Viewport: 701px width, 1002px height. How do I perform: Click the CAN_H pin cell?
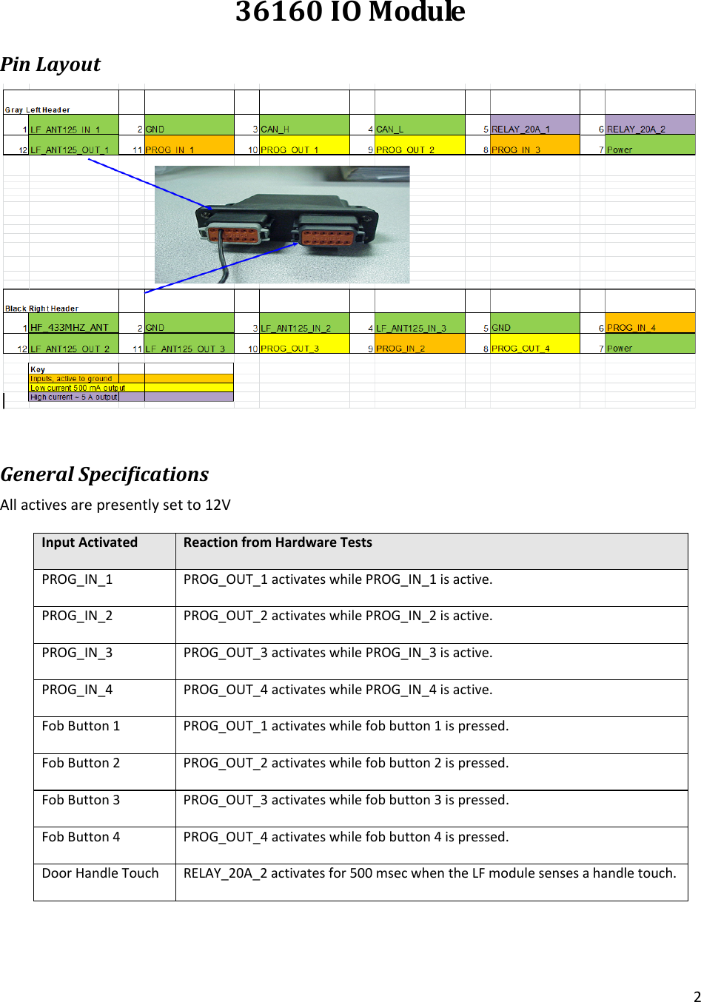coord(303,129)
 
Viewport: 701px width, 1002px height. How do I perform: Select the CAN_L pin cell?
coord(419,129)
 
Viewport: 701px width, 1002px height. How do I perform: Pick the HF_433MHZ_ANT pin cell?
coord(73,327)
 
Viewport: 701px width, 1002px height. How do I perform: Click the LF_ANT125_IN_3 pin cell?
coord(419,327)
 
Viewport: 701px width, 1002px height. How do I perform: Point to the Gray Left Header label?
coord(38,110)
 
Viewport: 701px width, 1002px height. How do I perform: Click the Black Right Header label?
coord(41,309)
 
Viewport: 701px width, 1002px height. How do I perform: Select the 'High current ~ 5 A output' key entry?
coord(74,397)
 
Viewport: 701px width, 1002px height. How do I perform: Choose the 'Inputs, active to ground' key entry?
coord(72,378)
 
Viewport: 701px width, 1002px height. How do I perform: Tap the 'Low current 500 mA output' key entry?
coord(78,388)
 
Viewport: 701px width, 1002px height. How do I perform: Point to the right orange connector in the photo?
coord(326,238)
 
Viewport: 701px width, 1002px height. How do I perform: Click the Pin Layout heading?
coord(50,64)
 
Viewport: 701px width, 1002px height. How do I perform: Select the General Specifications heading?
coord(104,474)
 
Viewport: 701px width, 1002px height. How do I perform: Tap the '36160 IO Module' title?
coord(350,13)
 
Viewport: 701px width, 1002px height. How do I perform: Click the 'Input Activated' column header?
coord(90,542)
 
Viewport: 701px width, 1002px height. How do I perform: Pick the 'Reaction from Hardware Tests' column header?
coord(278,542)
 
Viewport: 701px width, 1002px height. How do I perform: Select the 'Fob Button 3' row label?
coord(81,800)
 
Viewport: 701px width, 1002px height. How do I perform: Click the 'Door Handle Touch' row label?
coord(100,873)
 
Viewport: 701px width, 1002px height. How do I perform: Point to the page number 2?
coord(697,996)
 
